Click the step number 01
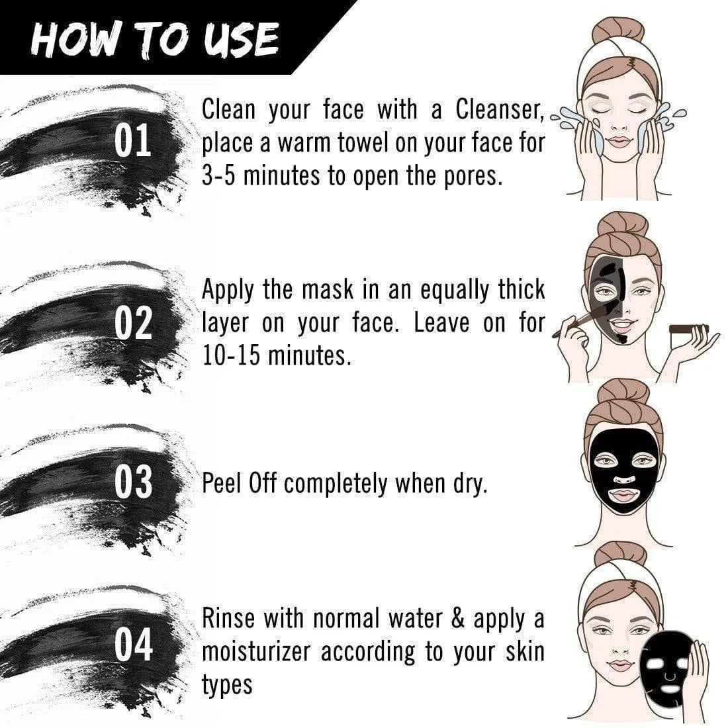[x=133, y=140]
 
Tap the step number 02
[x=133, y=323]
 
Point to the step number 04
[x=134, y=645]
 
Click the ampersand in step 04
[x=458, y=618]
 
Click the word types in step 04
[x=227, y=685]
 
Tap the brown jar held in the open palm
[x=688, y=329]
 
